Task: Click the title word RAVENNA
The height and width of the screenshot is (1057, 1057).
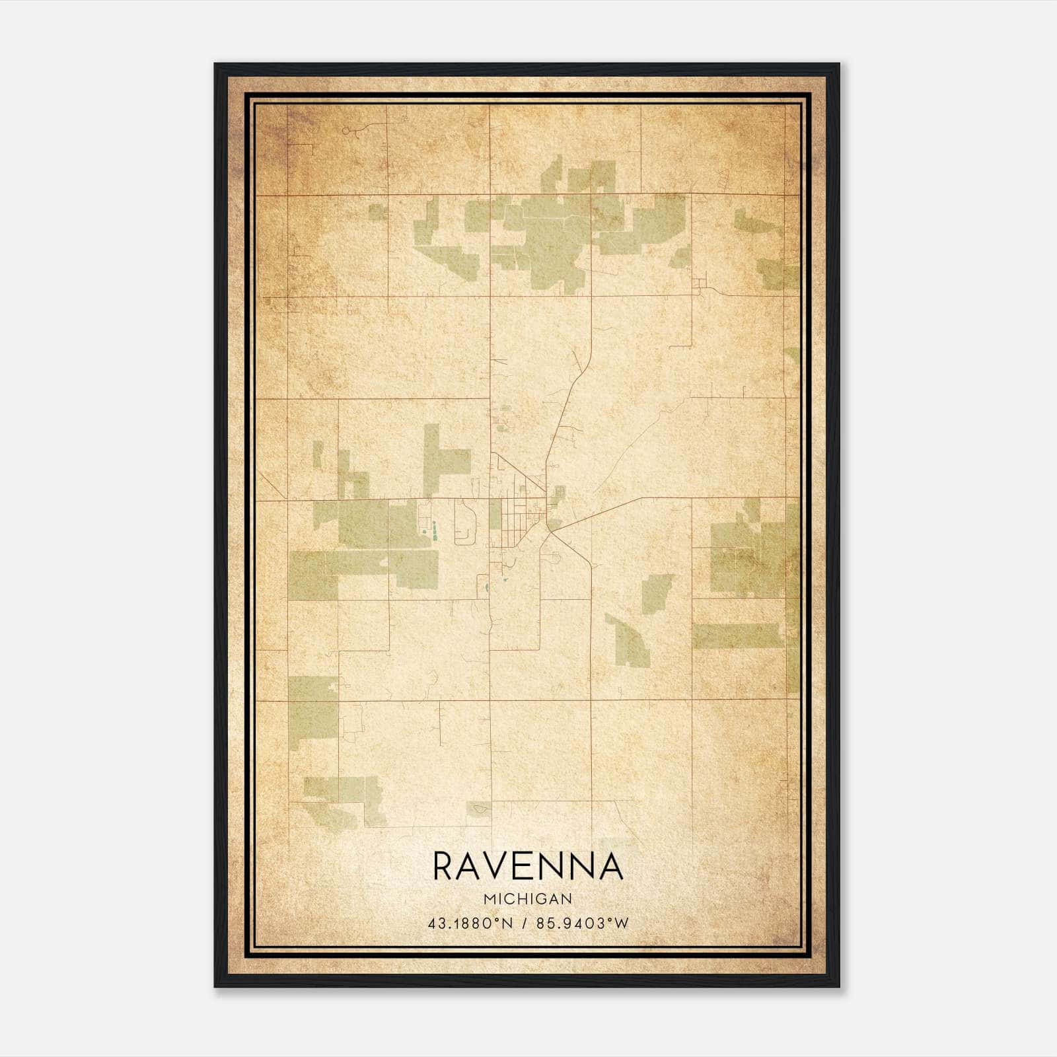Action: pos(528,866)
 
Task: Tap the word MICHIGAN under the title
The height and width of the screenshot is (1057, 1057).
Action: pos(528,898)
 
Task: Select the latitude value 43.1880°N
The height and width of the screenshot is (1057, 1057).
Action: pos(470,924)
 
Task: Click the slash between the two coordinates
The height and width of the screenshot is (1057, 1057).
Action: pos(523,924)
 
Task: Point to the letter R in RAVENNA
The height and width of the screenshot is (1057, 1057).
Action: pos(444,866)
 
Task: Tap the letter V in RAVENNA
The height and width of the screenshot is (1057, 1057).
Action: pos(500,866)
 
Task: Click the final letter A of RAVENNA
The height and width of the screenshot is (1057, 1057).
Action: pos(611,866)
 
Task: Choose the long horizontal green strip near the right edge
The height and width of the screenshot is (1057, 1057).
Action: pos(738,636)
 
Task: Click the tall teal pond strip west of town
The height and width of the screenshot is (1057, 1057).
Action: pos(435,530)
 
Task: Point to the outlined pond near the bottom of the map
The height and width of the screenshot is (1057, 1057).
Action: pos(479,807)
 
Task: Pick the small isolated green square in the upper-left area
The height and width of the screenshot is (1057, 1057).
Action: pos(378,212)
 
